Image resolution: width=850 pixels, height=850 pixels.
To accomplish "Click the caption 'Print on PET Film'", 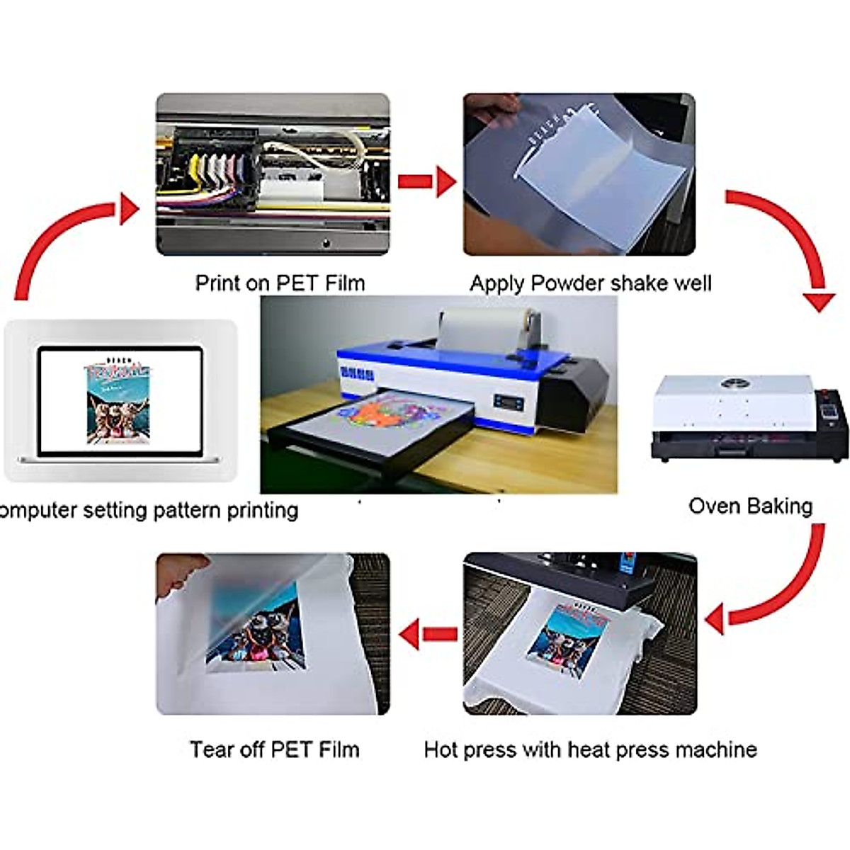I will pos(280,283).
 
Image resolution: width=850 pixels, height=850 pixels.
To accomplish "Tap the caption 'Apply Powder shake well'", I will pos(590,283).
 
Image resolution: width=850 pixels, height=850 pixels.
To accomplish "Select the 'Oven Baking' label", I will pos(750,506).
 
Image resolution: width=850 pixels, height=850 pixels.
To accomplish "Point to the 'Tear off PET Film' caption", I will pos(274,749).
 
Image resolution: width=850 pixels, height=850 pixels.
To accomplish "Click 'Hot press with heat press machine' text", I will pos(590,749).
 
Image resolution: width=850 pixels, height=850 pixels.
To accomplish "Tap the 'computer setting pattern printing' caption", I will pos(149,510).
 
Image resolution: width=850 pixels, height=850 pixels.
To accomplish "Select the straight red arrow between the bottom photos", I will pos(429,633).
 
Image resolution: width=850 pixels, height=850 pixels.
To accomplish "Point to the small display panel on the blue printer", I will pos(509,403).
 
